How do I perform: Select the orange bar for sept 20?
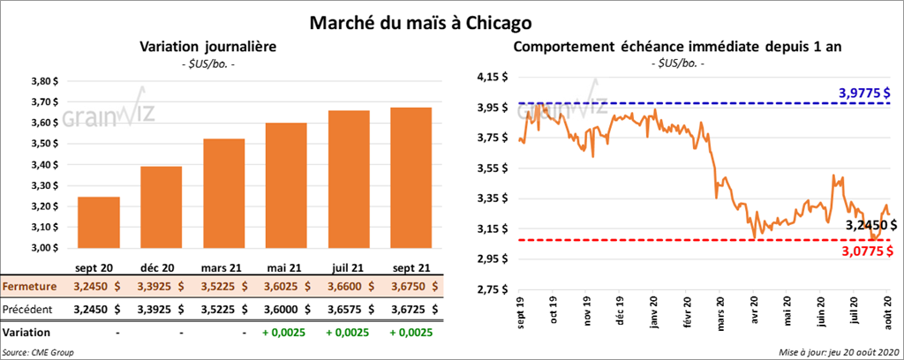pos(99,223)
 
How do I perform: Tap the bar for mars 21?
pos(223,194)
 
